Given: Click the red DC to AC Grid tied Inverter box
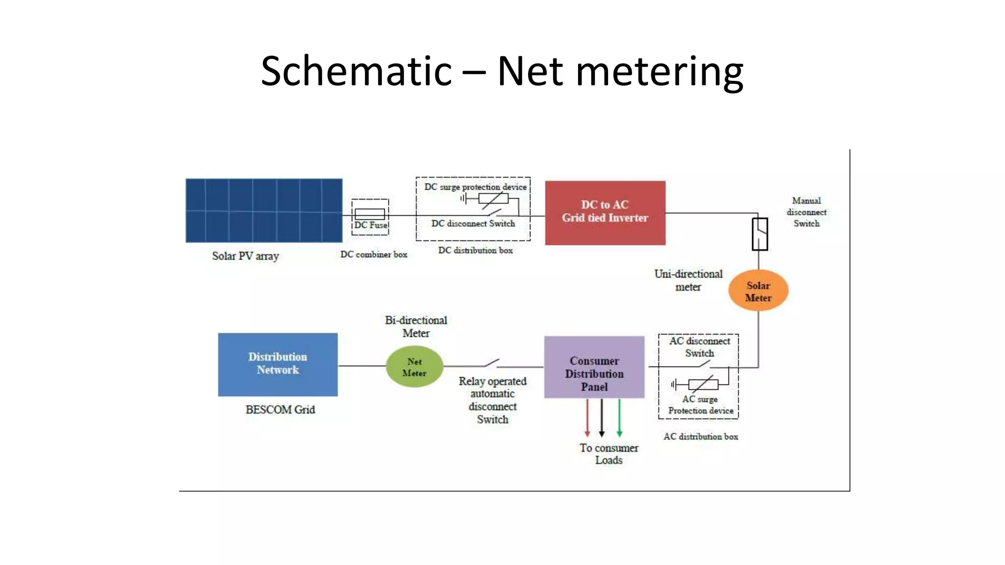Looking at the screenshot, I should [605, 212].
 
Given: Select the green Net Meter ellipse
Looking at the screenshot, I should [414, 366].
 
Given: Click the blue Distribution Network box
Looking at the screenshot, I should [278, 364].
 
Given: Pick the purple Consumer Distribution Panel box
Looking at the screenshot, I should [594, 367].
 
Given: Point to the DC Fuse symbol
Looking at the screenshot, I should [370, 214].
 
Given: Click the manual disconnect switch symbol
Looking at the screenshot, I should [760, 233].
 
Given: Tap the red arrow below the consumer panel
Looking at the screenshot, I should [587, 417].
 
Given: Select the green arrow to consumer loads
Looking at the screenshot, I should [619, 417].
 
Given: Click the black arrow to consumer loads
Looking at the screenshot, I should [602, 417].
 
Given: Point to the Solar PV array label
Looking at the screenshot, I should [245, 256].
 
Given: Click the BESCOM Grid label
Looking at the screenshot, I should [280, 410].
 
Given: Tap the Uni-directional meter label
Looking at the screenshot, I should [688, 281].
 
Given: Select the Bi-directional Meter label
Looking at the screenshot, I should [416, 327].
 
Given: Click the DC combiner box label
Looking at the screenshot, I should [373, 255].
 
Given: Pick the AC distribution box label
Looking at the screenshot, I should [700, 437].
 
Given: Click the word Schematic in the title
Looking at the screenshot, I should [356, 71].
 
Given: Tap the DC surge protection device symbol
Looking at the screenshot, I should [493, 199].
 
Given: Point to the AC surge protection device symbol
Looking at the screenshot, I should [703, 385].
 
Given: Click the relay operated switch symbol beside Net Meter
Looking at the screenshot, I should [492, 363].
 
